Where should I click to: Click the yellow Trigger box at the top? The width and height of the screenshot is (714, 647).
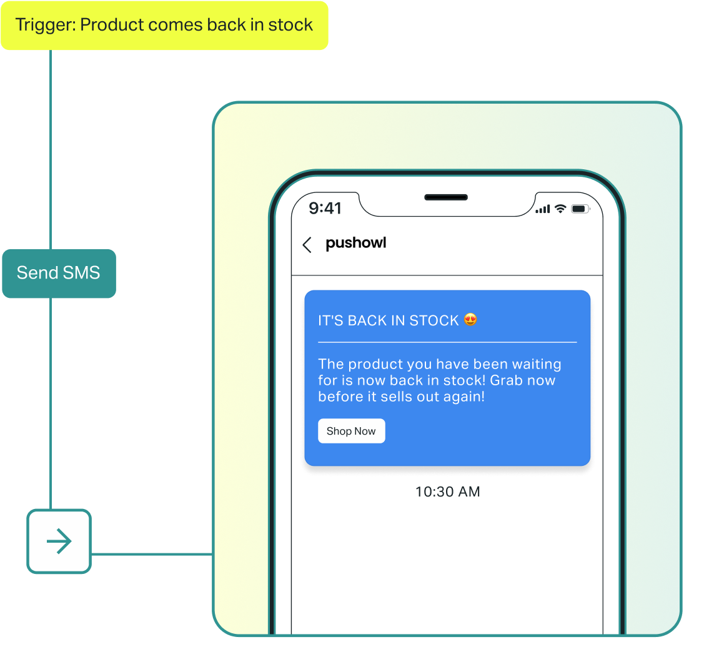coord(164,26)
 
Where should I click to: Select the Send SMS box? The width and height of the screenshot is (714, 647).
coord(59,273)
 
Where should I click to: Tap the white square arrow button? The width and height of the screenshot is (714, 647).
coord(59,541)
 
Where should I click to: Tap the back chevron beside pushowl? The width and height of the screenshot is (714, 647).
coord(307,245)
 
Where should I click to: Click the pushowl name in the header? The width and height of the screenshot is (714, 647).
coord(356,243)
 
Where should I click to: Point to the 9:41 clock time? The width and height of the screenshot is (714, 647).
coord(325,208)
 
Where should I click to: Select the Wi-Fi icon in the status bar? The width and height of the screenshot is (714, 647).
coord(560,209)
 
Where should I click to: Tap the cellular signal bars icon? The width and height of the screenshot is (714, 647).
coord(543,209)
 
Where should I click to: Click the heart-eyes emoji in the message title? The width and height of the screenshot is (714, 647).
coord(470,320)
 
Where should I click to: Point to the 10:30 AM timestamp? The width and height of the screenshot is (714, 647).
coord(447,491)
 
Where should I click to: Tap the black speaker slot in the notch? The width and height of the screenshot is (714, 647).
coord(446,197)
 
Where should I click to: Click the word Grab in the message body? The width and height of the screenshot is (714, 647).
coord(505,380)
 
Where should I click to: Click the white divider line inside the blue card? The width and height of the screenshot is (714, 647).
coord(447,342)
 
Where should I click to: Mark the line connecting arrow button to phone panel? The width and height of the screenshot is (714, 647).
coord(152,554)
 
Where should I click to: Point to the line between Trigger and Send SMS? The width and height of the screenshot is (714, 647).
coord(51,150)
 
